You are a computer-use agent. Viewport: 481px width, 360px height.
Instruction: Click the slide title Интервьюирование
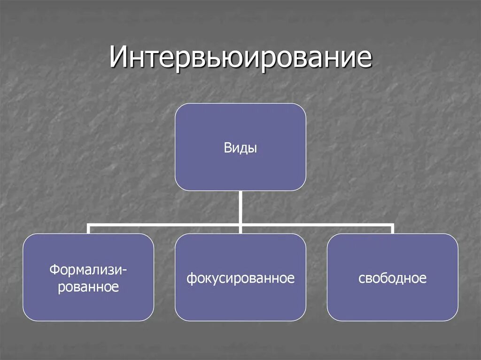[240, 58]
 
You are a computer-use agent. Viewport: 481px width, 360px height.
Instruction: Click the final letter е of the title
[364, 60]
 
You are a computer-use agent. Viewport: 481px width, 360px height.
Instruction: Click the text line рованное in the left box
[88, 286]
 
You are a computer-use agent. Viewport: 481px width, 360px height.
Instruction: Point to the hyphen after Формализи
[125, 271]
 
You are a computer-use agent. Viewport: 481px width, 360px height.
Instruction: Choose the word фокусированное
[240, 278]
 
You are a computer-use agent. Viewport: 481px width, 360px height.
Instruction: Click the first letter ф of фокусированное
[190, 279]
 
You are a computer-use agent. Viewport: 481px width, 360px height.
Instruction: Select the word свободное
[392, 278]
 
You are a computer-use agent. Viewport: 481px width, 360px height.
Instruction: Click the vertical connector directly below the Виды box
[240, 207]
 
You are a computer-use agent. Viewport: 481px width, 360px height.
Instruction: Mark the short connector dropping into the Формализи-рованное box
[88, 229]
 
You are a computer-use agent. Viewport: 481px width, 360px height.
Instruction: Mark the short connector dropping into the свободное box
[392, 229]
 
